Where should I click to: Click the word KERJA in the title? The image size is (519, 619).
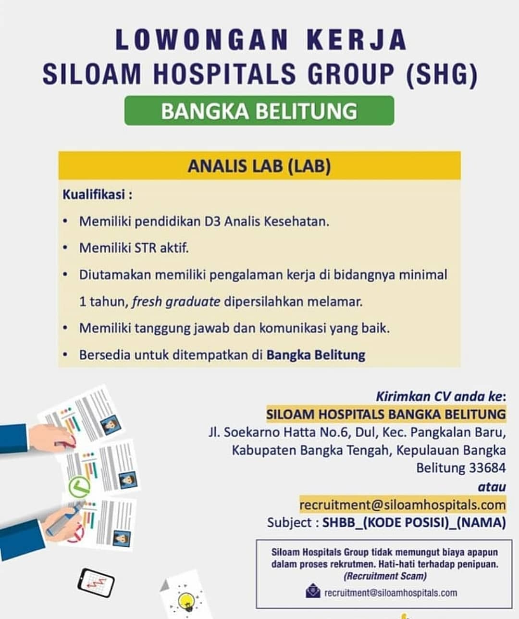356,39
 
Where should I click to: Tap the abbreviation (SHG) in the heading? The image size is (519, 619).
441,74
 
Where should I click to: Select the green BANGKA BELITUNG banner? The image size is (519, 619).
259,111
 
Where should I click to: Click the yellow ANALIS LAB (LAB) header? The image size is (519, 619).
259,166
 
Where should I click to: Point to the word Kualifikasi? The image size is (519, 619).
94,195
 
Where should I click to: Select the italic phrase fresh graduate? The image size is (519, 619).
176,302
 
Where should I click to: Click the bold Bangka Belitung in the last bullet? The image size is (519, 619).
316,355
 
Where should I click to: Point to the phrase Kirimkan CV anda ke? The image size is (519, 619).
440,396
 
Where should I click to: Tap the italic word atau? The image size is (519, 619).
492,487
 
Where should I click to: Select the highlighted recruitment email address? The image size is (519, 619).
402,505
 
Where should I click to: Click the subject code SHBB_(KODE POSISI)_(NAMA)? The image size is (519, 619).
414,522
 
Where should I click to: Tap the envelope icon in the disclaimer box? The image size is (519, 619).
313,591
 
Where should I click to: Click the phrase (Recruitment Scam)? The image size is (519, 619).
384,576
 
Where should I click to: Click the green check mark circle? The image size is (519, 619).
79,487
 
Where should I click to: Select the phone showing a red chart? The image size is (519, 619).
96,583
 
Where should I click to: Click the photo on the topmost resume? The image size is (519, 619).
111,425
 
